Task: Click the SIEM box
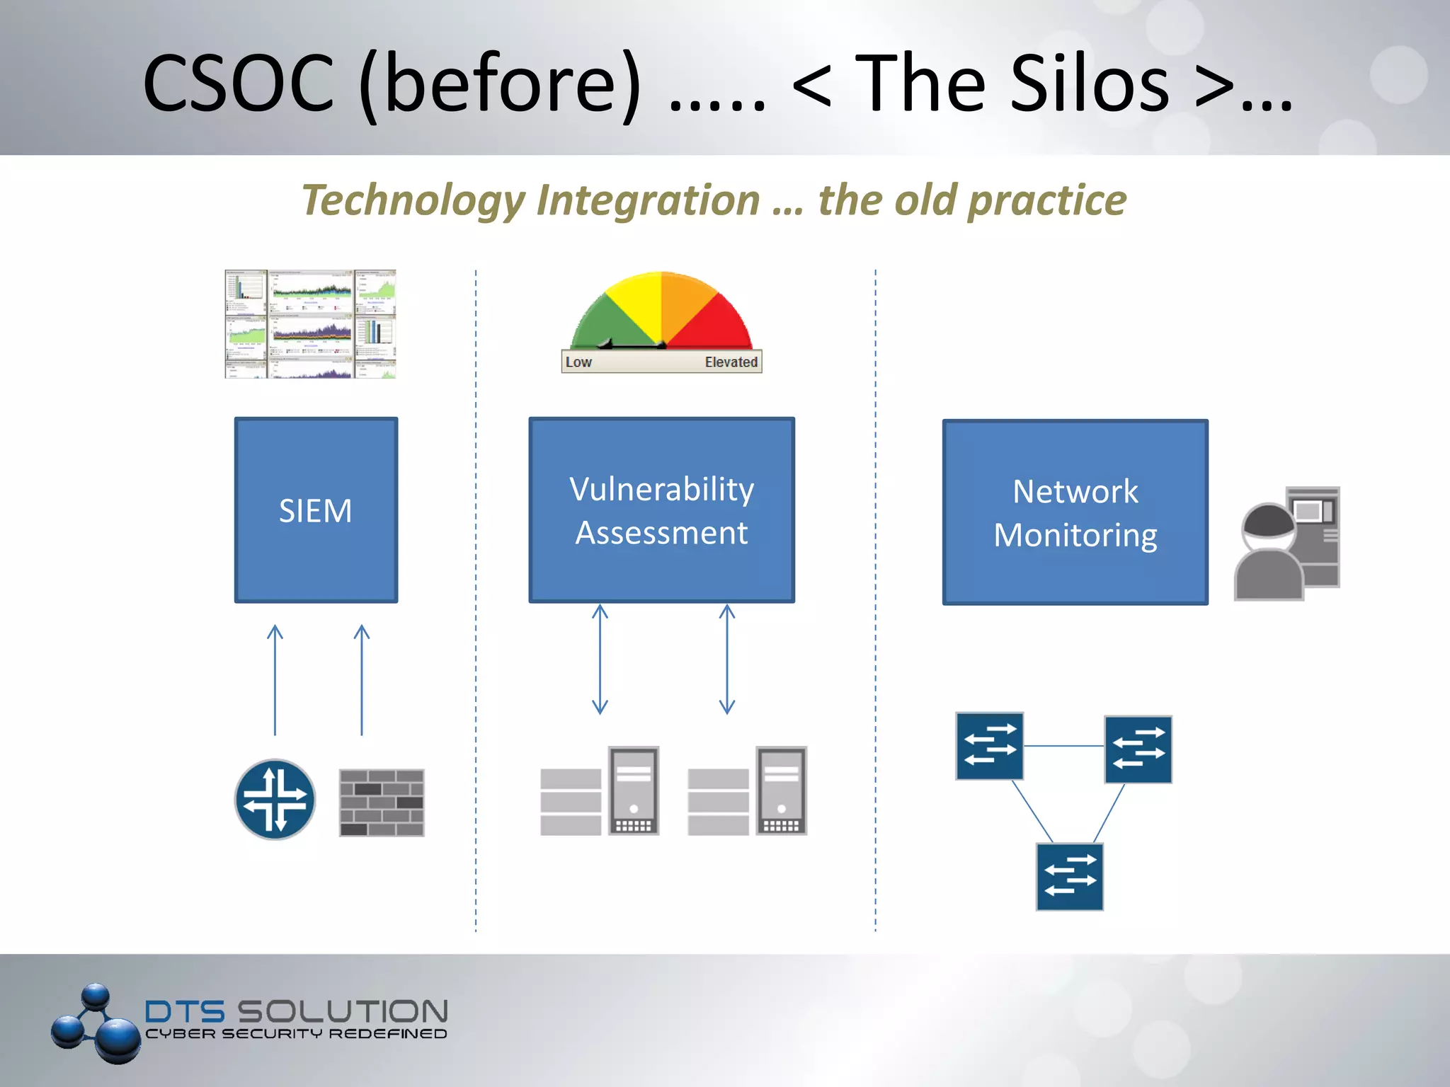coord(316,510)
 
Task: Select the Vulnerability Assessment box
coord(661,510)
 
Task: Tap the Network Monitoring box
coord(1075,512)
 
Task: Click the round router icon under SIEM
coord(275,799)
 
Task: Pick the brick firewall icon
coord(382,803)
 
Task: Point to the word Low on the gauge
coord(578,362)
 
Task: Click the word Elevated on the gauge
coord(731,362)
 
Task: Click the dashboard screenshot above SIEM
coord(310,323)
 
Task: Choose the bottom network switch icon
coord(1069,876)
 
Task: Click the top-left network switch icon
coord(989,746)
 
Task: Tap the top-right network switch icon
coord(1138,749)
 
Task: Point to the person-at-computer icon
coord(1286,543)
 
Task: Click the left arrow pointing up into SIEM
coord(275,679)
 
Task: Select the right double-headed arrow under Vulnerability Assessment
coord(726,658)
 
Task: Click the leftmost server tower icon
coord(634,790)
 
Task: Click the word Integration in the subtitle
coord(648,200)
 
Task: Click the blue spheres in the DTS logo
coord(96,1023)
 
